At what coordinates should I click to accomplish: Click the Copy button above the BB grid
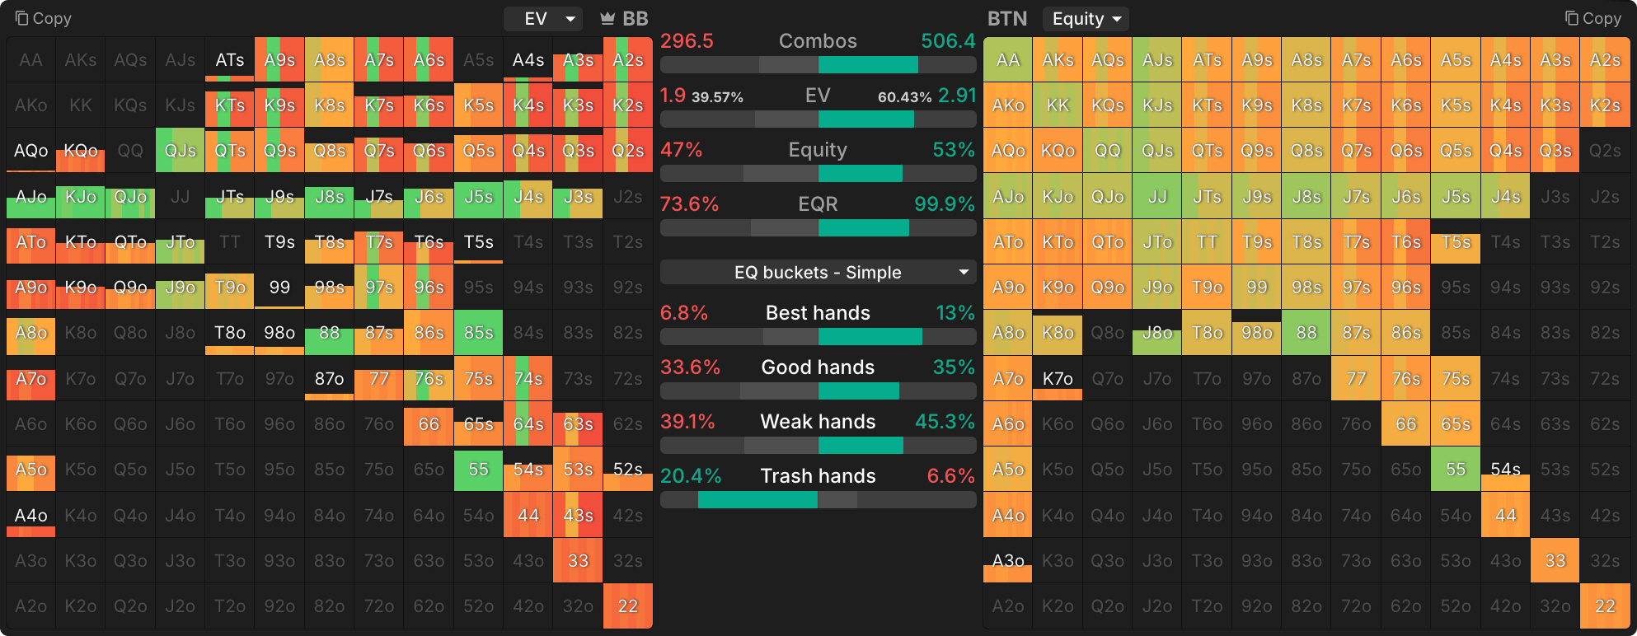(44, 18)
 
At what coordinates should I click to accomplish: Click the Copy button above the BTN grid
(1592, 18)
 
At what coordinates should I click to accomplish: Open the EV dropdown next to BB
(543, 18)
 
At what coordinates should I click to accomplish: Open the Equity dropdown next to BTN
(1086, 18)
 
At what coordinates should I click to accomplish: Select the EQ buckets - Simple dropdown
(818, 273)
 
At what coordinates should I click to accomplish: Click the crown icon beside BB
(607, 18)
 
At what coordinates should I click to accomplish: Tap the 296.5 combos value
(687, 41)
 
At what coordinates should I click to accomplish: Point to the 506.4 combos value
(948, 41)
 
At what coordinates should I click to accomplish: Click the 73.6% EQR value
(690, 204)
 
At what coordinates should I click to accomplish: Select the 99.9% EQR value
(945, 204)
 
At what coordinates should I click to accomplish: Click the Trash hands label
(818, 476)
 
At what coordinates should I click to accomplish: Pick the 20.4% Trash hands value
(691, 476)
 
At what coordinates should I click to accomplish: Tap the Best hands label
(818, 313)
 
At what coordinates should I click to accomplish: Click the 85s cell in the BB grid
(478, 333)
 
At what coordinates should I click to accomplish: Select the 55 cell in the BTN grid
(1456, 470)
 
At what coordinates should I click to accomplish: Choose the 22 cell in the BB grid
(628, 606)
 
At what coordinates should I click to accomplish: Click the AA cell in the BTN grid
(1008, 60)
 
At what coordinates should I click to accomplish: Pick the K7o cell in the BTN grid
(1058, 379)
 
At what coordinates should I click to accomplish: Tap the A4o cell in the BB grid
(31, 516)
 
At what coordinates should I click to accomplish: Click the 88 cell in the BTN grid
(1306, 333)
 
